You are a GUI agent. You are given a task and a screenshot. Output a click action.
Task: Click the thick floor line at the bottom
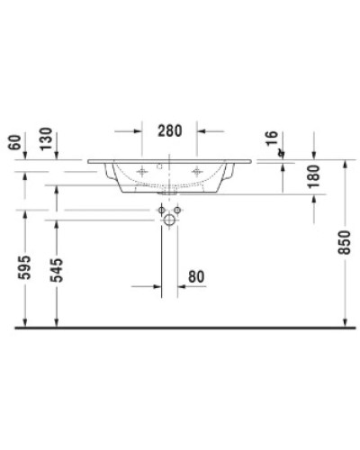click(x=180, y=328)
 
